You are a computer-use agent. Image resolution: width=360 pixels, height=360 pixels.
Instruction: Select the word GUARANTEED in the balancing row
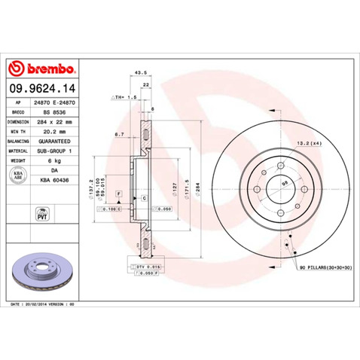tap(54, 140)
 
